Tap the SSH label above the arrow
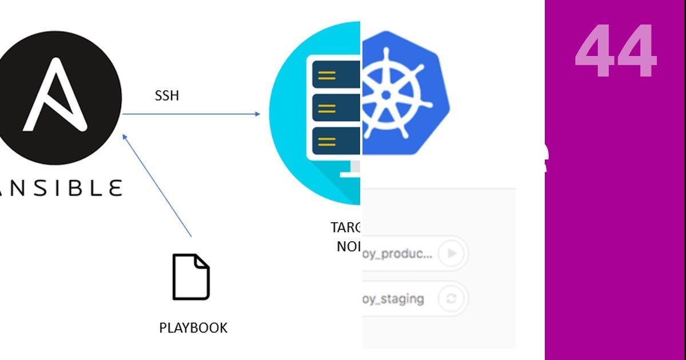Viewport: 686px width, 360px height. click(x=166, y=96)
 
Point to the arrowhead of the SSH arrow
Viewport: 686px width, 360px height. click(x=257, y=114)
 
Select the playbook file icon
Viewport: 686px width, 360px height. click(x=191, y=277)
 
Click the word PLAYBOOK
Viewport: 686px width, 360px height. click(x=193, y=328)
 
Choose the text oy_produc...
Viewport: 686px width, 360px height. click(x=397, y=254)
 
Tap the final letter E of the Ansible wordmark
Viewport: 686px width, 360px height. click(x=114, y=187)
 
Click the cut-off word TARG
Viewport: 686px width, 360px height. click(x=345, y=227)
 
